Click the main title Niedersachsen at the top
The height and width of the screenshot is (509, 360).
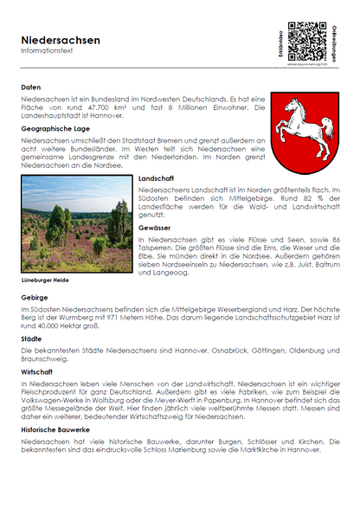(x=61, y=40)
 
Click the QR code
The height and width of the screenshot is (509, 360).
(x=306, y=40)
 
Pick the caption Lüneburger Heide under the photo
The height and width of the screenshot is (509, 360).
(x=45, y=280)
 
